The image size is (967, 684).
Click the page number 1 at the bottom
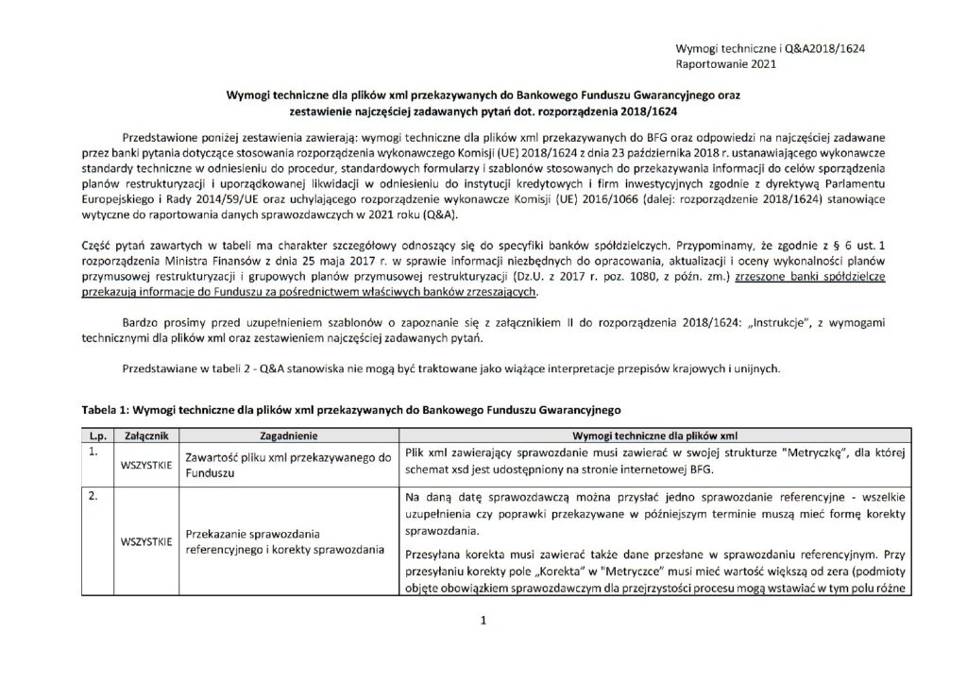[483, 621]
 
